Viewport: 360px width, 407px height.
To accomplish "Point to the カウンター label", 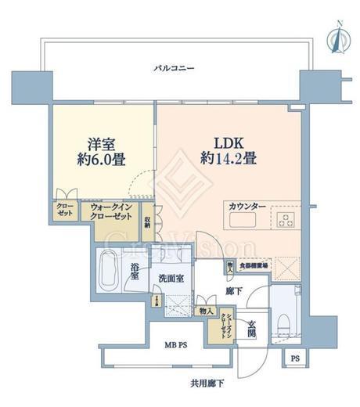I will click(x=247, y=206).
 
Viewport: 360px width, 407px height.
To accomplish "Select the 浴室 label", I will click(x=135, y=271).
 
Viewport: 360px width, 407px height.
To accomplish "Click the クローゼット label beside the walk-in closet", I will click(x=63, y=211).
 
